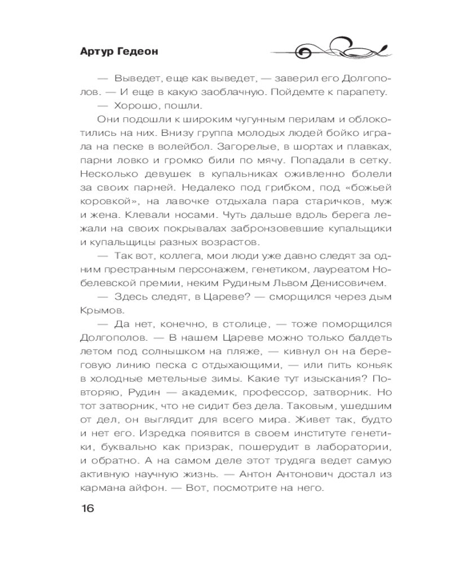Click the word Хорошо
(x=133, y=105)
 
